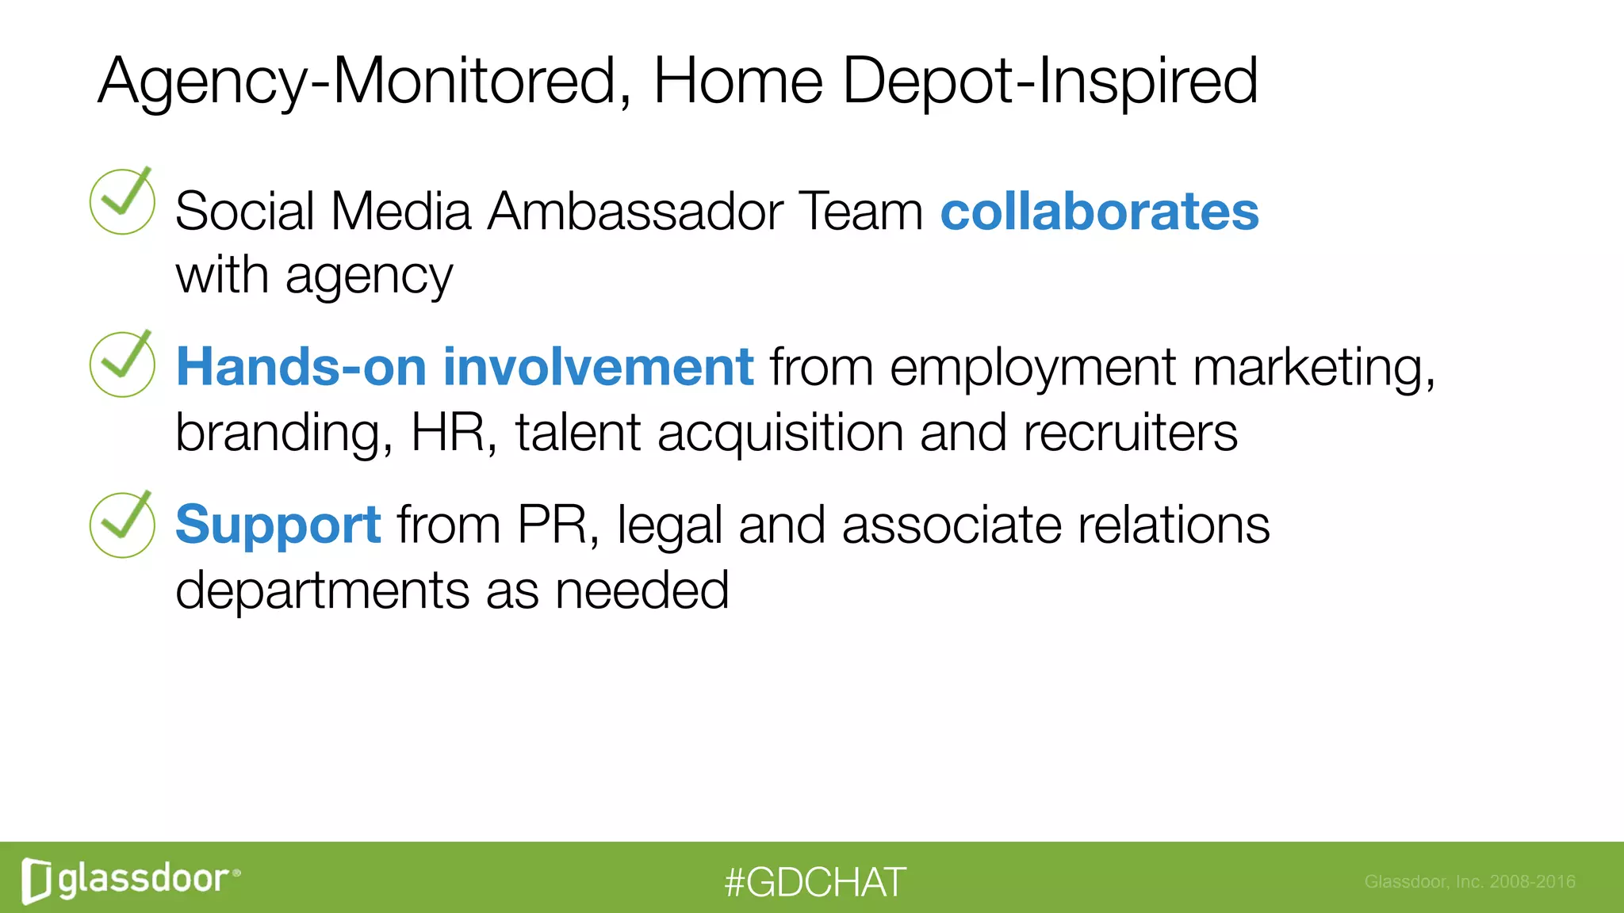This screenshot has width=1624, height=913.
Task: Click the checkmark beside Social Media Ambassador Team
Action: point(122,201)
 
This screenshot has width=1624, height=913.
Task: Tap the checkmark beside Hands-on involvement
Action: point(122,364)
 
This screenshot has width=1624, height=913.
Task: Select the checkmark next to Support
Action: point(122,525)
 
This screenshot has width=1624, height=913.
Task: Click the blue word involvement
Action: point(598,367)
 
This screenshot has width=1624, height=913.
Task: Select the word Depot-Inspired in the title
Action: point(1050,81)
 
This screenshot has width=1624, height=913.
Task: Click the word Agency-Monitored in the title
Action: point(357,81)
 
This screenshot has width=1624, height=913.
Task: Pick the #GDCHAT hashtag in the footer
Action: point(814,882)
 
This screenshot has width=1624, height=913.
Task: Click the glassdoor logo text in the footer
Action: point(144,879)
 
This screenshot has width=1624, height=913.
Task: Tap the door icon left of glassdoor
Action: point(36,881)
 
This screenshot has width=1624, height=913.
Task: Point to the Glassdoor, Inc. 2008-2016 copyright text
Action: point(1469,881)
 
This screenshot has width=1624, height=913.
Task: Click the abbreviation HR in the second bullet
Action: point(448,433)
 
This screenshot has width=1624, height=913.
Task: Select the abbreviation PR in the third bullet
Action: point(553,525)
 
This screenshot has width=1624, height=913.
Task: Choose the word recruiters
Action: point(1130,433)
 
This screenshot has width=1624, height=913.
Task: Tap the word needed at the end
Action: point(642,590)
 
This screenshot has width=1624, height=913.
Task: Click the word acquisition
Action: point(780,433)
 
